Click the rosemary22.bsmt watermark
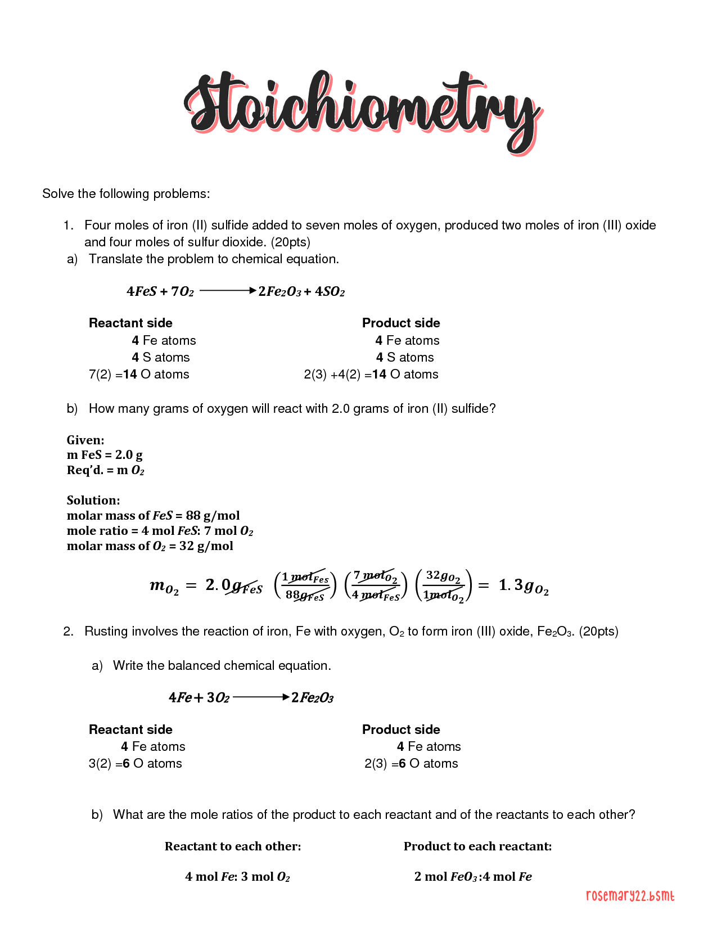coord(630,895)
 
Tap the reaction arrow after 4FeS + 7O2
coord(228,290)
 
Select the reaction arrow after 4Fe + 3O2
coord(261,697)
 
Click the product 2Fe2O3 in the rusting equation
coord(312,698)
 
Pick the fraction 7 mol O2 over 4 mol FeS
coord(376,585)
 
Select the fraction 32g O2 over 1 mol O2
coord(444,585)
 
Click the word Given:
coord(85,440)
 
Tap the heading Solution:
coord(93,500)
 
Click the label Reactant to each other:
coord(233,846)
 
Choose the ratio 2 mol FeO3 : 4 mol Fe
coord(473,876)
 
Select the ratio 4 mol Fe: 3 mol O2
coord(237,876)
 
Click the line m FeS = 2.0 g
coord(105,454)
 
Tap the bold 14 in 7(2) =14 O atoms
coord(130,374)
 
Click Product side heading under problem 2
coord(401,729)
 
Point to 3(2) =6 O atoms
coord(136,763)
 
